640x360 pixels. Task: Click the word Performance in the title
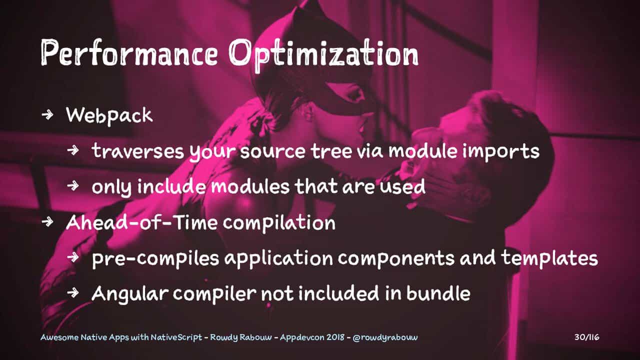pos(129,52)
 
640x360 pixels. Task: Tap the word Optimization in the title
pos(324,54)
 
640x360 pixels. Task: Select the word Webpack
pos(109,115)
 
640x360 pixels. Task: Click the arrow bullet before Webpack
pos(47,114)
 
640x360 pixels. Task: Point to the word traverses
pos(138,151)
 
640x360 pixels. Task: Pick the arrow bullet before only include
pos(73,186)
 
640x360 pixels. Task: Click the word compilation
pos(279,223)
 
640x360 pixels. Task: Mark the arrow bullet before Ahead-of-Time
pos(47,221)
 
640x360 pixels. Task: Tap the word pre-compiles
pos(155,259)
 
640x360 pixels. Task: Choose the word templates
pos(549,259)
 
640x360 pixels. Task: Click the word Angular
pos(129,294)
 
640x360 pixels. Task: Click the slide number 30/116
pos(587,337)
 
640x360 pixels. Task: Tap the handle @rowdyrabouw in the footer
pos(385,337)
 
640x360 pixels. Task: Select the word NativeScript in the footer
pos(176,337)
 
